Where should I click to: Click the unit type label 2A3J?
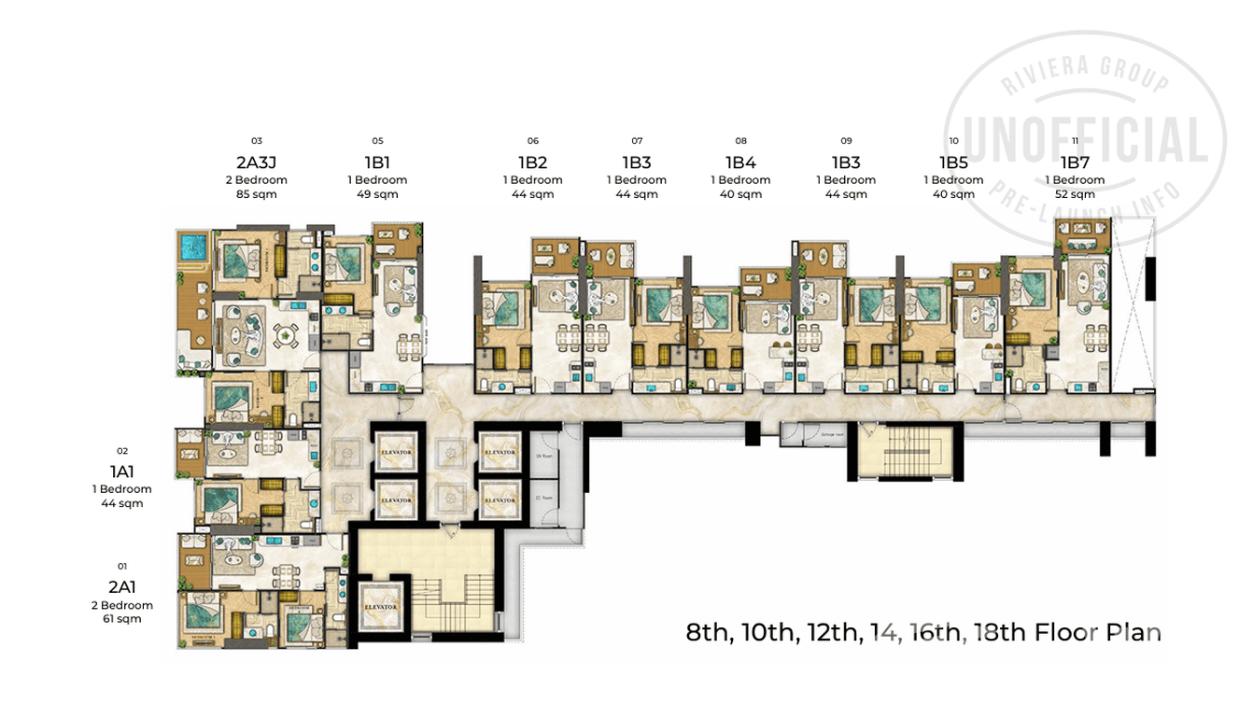(257, 162)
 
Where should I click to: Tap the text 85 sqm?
(257, 194)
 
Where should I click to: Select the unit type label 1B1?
(377, 162)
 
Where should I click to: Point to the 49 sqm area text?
(377, 194)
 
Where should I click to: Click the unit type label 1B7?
(1075, 162)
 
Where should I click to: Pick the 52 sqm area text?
(1075, 194)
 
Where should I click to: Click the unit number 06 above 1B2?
(532, 141)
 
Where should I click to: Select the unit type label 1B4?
(740, 162)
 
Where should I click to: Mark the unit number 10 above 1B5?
(953, 141)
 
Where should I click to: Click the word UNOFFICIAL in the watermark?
(1083, 143)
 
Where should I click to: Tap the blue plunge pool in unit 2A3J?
(193, 247)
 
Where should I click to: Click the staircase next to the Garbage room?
(901, 453)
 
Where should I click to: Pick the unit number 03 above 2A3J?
(257, 141)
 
